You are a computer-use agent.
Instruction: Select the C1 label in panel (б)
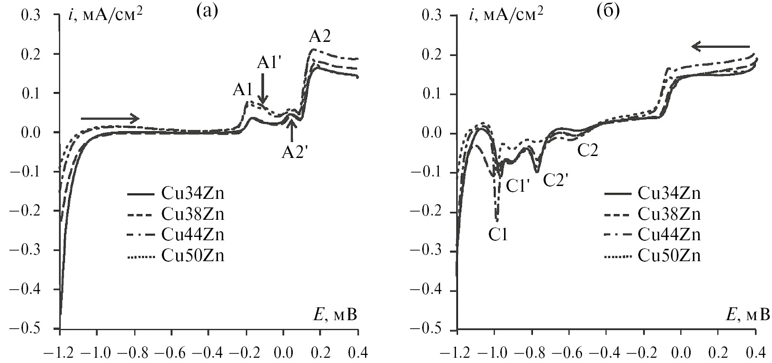[498, 234]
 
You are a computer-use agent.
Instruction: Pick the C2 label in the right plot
[587, 150]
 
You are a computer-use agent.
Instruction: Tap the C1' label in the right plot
[518, 186]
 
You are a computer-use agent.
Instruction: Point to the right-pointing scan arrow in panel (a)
[110, 118]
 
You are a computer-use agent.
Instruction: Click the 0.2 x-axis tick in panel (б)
[718, 354]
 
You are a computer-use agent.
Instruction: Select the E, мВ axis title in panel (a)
[336, 315]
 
